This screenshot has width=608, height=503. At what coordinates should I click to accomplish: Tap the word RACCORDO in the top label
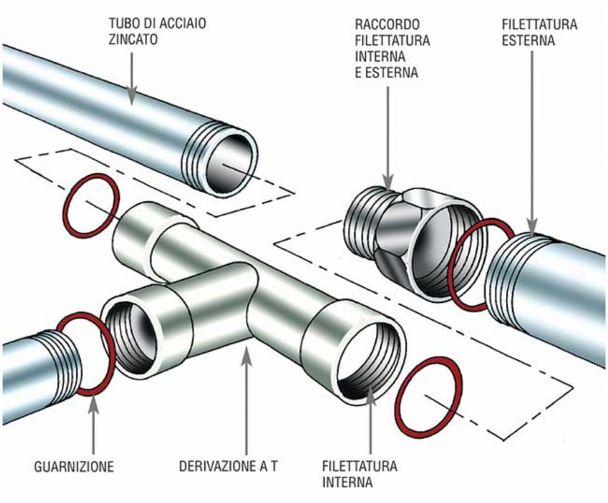(388, 25)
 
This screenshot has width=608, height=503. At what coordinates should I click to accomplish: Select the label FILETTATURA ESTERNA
(539, 33)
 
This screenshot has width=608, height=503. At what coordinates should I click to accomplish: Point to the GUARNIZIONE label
(74, 466)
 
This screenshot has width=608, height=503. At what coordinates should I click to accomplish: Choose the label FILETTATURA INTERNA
(360, 473)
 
